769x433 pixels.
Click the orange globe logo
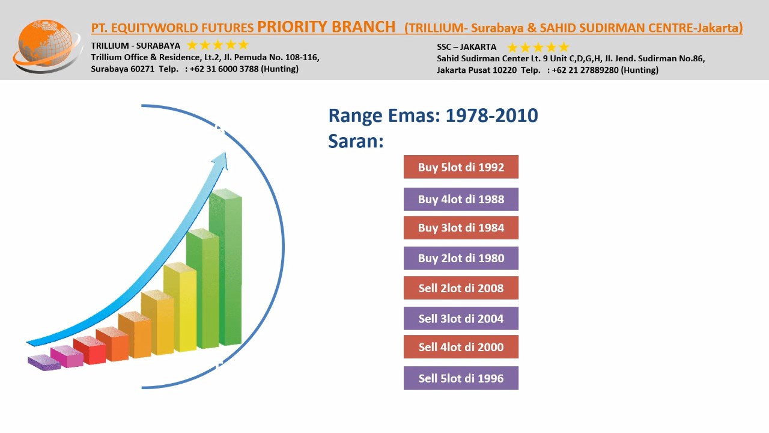pos(47,46)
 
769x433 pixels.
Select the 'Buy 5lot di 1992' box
pos(461,167)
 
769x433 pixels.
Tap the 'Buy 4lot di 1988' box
pos(461,199)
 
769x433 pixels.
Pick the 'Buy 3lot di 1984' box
pos(461,228)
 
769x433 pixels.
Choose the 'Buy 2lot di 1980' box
pos(461,258)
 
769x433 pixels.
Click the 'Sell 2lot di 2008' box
pos(461,288)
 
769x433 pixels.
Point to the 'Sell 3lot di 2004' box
pos(461,319)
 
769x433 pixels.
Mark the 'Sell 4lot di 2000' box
pos(461,347)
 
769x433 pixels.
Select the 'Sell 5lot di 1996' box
pos(461,378)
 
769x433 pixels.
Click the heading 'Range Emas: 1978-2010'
pos(433,115)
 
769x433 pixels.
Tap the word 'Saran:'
pos(356,141)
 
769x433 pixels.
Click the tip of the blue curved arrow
pos(225,153)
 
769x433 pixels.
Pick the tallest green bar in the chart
pos(225,268)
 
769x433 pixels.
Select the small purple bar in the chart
pos(44,363)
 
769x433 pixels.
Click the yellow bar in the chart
pos(180,307)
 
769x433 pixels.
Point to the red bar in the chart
pos(90,350)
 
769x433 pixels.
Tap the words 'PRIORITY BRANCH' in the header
pos(326,27)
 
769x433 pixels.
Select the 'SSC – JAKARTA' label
pos(467,47)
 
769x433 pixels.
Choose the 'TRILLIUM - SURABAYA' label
pos(136,46)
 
